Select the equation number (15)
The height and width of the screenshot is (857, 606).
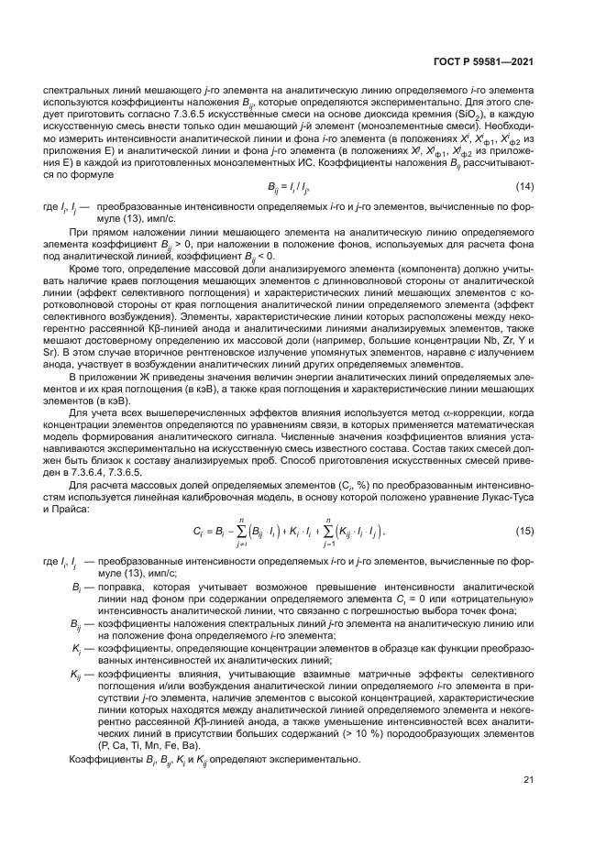525,530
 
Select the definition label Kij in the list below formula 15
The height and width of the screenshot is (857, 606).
76,674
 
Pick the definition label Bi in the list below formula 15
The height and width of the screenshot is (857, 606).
77,584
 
